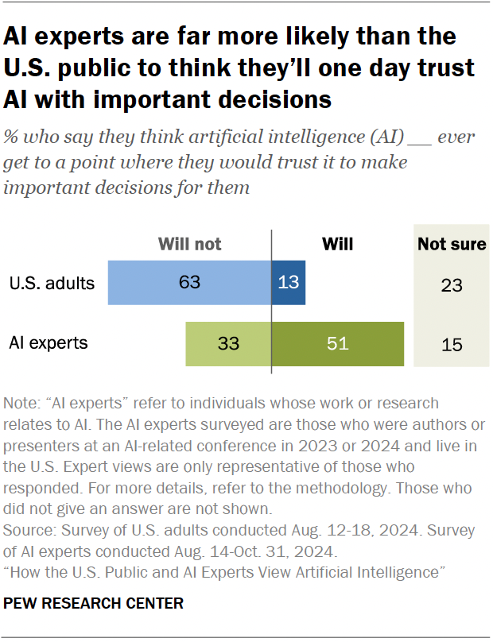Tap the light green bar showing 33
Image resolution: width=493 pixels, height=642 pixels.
229,343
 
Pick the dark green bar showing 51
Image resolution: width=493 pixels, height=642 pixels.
338,343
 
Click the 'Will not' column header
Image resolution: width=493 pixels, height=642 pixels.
190,244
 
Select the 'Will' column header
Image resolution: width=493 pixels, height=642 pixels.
337,244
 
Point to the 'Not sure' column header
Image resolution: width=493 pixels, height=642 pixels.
452,244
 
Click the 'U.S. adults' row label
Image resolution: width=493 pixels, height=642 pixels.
52,283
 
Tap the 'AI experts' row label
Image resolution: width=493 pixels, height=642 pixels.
48,343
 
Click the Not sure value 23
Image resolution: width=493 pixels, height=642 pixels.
452,284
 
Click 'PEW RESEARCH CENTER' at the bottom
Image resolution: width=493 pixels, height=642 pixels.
94,603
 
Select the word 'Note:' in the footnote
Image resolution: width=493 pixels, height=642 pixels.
22,403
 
